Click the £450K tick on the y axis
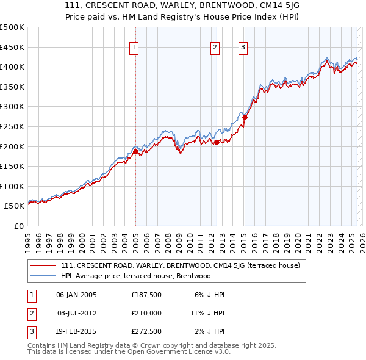click(12, 47)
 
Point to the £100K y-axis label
click(12, 186)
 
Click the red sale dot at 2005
click(135, 151)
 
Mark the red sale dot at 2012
click(217, 142)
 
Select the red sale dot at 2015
click(245, 117)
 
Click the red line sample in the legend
click(43, 266)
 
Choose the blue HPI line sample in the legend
click(43, 276)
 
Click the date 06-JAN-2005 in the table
click(76, 295)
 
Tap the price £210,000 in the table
click(146, 313)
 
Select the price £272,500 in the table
click(146, 331)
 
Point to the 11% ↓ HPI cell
click(207, 313)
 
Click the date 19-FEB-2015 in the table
click(76, 331)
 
